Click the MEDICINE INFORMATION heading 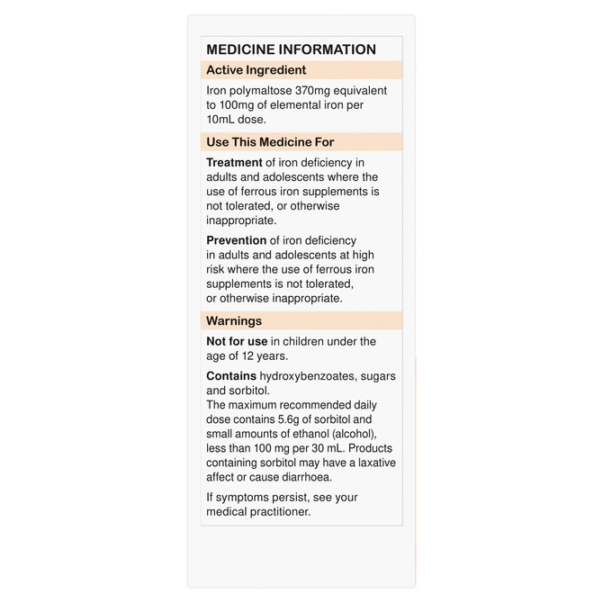[x=291, y=49]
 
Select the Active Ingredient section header [x=256, y=70]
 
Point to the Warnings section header [x=234, y=320]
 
